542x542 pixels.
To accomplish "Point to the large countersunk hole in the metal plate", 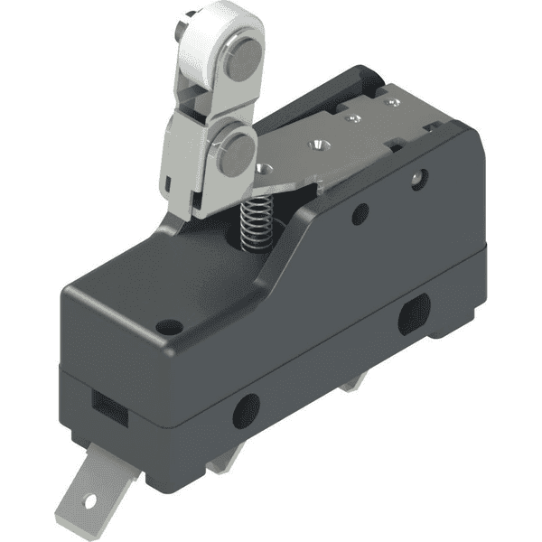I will click(317, 144).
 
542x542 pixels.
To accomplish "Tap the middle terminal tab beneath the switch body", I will click(220, 463).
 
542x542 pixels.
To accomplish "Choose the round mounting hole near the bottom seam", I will click(246, 411).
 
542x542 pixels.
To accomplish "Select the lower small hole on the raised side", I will click(360, 214).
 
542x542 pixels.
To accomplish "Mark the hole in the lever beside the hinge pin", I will click(264, 169).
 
